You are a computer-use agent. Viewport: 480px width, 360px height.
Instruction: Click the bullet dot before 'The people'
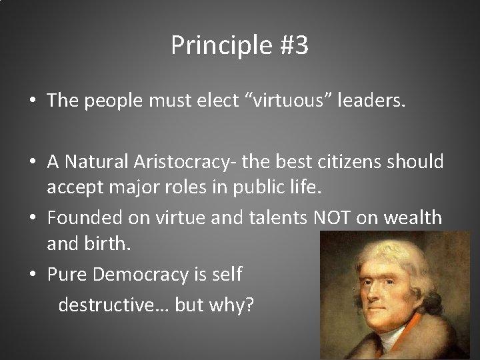(32, 101)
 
